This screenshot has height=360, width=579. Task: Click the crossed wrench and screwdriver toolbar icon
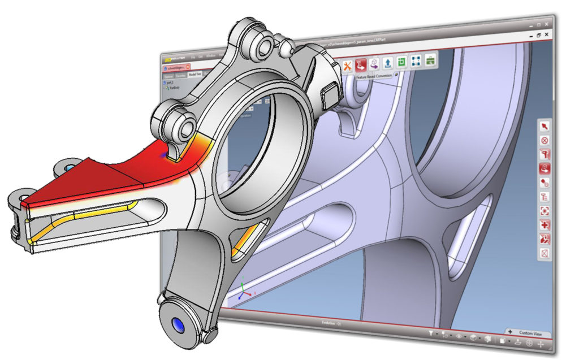347,66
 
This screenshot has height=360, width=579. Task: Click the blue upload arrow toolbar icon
388,63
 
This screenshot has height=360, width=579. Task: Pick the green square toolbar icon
401,62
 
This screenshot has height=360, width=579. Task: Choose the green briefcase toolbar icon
430,60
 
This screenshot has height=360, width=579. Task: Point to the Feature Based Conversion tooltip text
373,76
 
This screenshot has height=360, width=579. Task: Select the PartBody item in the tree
173,88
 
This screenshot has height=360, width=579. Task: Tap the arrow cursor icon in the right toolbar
545,126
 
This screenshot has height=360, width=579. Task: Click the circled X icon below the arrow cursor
545,140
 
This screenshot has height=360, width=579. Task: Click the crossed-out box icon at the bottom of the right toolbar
545,254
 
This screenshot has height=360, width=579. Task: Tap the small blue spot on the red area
164,154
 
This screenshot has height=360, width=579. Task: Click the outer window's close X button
547,24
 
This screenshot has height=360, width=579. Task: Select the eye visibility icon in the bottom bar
458,337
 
